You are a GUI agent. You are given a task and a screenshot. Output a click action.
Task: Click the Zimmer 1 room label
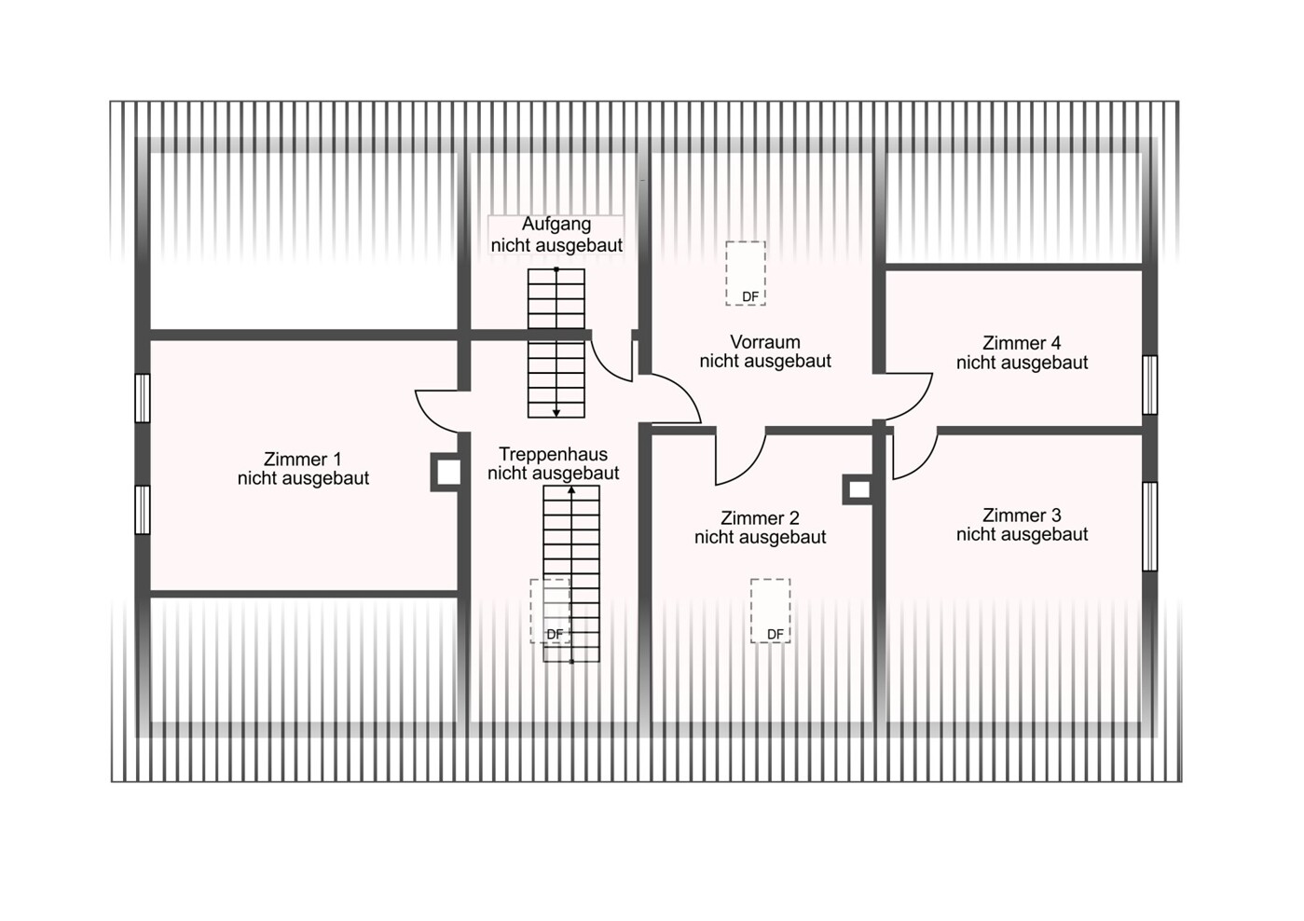coord(303,469)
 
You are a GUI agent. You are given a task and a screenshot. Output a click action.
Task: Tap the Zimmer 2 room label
coord(761,528)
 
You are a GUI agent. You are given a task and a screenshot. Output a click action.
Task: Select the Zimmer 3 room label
coord(1023,525)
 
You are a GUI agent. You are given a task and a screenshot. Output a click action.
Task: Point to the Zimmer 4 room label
coord(1023,352)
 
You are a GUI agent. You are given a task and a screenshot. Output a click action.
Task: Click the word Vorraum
coord(765,342)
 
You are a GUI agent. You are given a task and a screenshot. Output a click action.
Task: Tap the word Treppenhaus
coord(553,454)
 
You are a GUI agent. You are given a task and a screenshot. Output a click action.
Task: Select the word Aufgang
coord(556,224)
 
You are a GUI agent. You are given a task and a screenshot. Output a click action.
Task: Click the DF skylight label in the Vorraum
coord(750,297)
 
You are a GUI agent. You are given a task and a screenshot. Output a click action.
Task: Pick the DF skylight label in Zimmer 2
coord(776,635)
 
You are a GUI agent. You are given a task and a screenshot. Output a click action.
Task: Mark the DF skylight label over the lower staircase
coord(556,635)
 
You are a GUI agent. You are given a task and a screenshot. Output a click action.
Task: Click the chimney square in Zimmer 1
coord(446,472)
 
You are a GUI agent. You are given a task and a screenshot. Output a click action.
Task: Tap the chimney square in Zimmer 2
coord(858,489)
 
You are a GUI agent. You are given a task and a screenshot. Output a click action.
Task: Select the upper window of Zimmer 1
coord(143,398)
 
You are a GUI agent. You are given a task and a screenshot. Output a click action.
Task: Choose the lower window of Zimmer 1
coord(143,509)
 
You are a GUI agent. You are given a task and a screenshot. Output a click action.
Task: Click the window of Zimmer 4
coord(1149,385)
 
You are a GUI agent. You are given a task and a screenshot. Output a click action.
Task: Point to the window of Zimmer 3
coord(1149,527)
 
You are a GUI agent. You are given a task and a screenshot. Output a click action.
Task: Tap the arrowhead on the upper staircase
coord(556,413)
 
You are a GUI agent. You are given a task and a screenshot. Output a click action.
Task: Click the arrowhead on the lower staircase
coord(571,490)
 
